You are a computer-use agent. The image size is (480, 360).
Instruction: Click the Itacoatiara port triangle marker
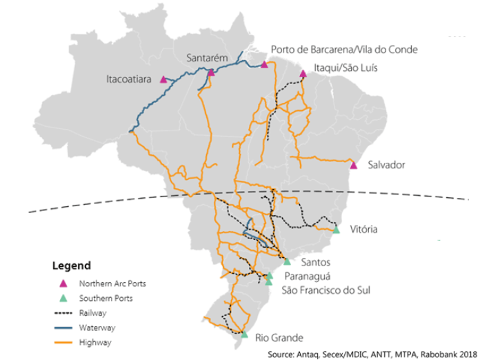163,79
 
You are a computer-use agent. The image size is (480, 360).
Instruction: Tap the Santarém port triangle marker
211,72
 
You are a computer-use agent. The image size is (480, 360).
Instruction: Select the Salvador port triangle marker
354,166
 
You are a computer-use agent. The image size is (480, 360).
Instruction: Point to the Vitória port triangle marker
336,230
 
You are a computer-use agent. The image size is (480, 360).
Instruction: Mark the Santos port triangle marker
288,261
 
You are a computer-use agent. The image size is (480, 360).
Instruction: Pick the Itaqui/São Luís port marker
303,74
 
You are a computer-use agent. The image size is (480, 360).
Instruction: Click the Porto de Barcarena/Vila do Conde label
344,50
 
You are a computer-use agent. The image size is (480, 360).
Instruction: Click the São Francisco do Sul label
326,290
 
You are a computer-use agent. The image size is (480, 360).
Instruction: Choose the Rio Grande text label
279,338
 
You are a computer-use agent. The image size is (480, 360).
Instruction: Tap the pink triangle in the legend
63,283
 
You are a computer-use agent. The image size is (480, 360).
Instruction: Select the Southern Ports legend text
106,299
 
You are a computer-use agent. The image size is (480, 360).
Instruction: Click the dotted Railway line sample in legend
63,313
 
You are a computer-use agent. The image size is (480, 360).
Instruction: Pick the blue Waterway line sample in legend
63,328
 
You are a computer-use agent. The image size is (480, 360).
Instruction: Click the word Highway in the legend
94,342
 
